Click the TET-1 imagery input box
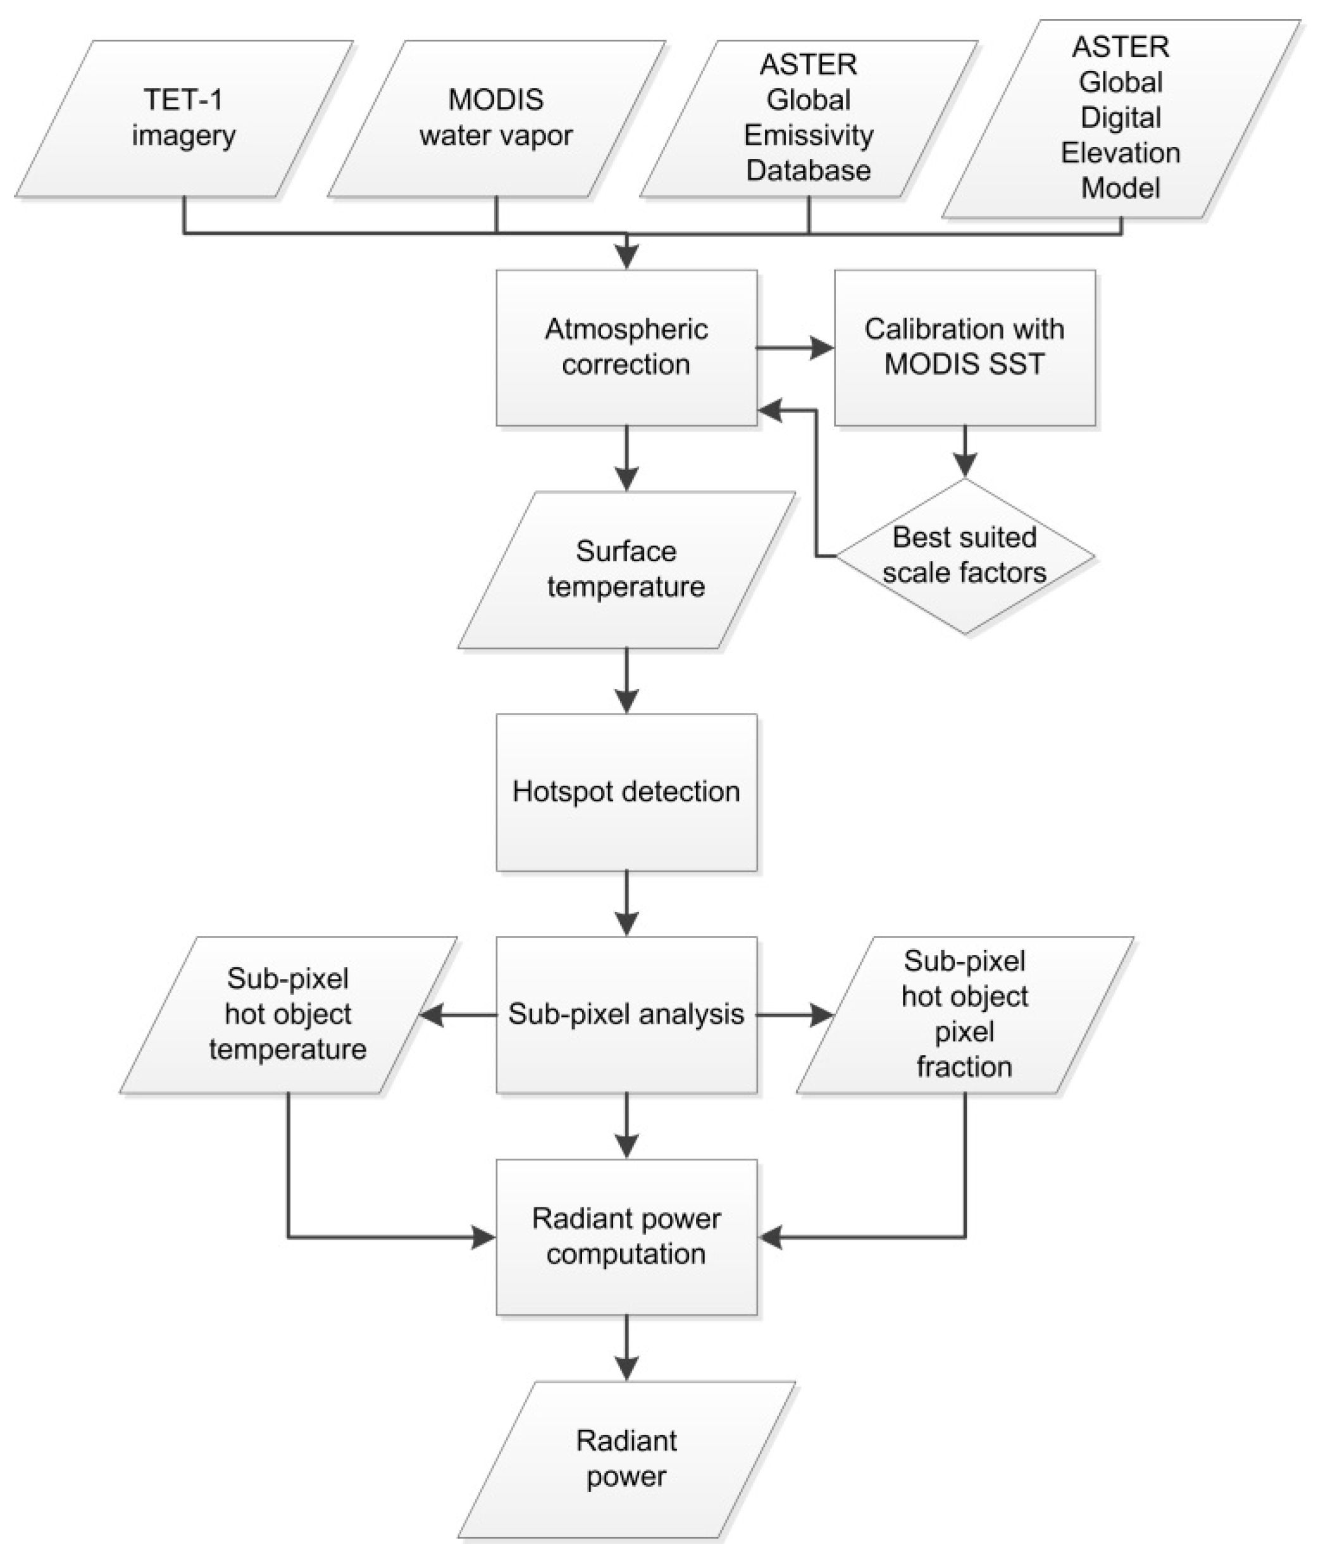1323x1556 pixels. [183, 118]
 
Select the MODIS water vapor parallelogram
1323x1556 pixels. [496, 118]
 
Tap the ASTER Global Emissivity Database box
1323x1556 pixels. [808, 118]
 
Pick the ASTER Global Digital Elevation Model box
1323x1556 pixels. [1121, 118]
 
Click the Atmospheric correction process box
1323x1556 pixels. [626, 347]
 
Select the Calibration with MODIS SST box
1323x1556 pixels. [964, 347]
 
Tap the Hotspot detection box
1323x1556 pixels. [626, 792]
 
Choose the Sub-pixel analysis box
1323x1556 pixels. [626, 1014]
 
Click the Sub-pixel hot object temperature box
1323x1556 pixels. [288, 1014]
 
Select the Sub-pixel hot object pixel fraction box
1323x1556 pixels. [964, 1014]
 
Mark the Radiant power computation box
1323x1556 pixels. [626, 1236]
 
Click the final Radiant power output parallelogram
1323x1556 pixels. [626, 1459]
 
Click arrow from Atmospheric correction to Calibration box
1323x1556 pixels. [795, 348]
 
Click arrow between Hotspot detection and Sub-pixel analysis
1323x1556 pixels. [626, 904]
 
